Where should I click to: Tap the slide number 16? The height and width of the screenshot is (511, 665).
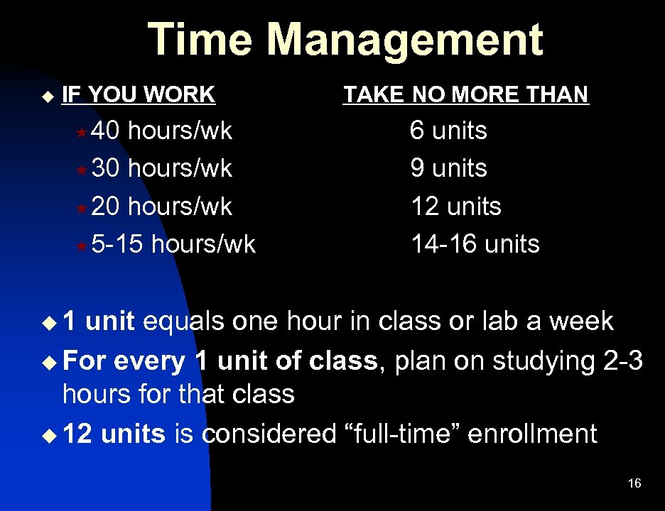point(634,483)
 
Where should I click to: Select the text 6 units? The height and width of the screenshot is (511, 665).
point(448,131)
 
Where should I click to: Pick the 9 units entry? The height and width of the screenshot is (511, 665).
point(448,169)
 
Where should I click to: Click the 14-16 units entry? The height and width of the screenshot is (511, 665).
point(475,244)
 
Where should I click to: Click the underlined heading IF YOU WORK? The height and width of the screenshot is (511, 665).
point(139,94)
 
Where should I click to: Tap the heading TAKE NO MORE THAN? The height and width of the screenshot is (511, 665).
point(466,94)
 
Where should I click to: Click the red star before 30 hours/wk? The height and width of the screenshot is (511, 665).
point(82,170)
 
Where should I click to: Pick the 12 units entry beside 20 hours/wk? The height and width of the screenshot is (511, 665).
point(455,207)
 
